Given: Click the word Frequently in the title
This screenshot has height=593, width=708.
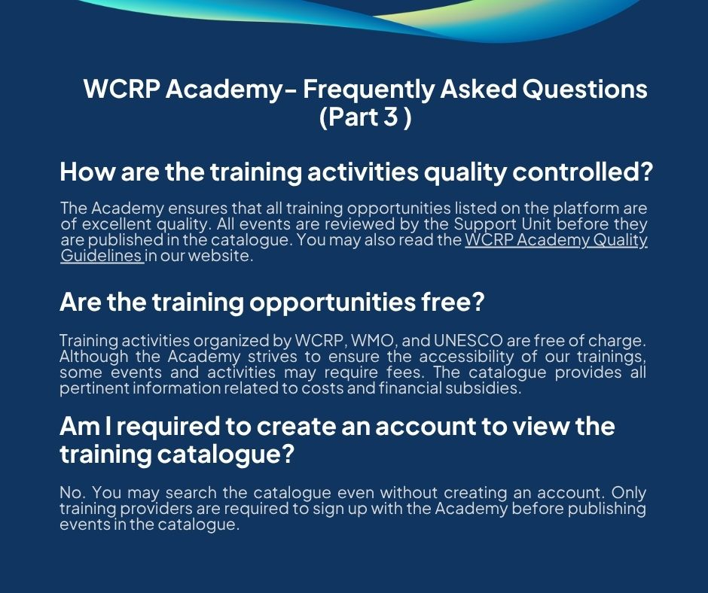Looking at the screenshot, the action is point(368,90).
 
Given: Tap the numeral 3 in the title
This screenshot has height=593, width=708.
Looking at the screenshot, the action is point(390,117).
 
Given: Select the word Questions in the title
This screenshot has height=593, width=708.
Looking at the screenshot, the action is point(584,89).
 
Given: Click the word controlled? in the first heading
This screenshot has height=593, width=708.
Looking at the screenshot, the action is point(582,172).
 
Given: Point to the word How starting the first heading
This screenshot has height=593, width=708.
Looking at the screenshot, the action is point(87,172).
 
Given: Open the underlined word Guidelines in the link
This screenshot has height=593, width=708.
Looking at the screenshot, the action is point(102,255).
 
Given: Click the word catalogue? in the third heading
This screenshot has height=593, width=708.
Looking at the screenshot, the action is point(226,455).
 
